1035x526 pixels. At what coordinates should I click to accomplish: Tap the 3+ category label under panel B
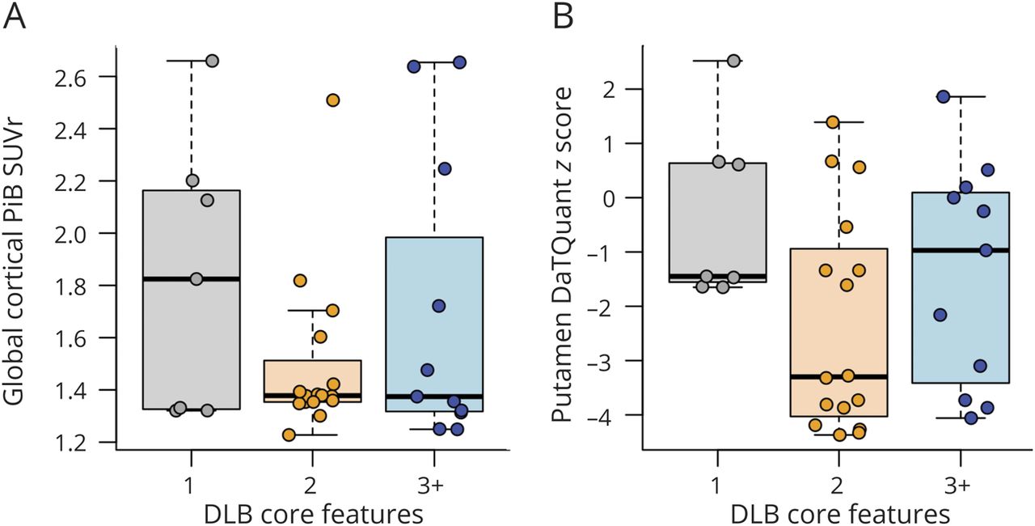[960, 486]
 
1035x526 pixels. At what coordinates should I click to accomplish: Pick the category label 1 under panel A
[191, 486]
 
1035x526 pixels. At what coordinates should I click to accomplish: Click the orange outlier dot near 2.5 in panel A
[332, 100]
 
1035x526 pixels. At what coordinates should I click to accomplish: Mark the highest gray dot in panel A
[213, 61]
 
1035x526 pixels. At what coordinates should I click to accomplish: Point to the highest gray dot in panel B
[733, 61]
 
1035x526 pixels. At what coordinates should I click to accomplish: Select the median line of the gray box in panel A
[191, 279]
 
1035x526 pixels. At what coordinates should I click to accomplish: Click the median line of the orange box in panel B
[839, 376]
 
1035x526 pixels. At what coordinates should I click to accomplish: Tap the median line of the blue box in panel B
[960, 250]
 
